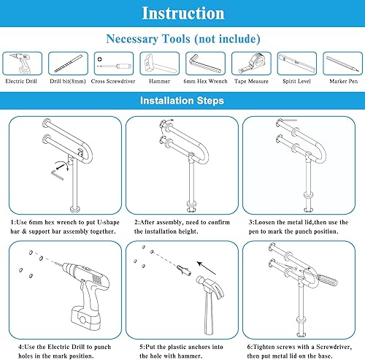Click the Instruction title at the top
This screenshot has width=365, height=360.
(182, 14)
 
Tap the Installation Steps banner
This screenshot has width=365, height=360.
(182, 101)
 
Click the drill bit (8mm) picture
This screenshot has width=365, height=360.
(67, 64)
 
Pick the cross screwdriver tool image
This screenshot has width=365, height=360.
(111, 64)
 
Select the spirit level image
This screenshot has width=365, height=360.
(296, 64)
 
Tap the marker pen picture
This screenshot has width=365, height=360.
(342, 64)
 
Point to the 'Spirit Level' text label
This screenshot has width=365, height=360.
(296, 83)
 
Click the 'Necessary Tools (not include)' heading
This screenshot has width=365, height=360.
(182, 39)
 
